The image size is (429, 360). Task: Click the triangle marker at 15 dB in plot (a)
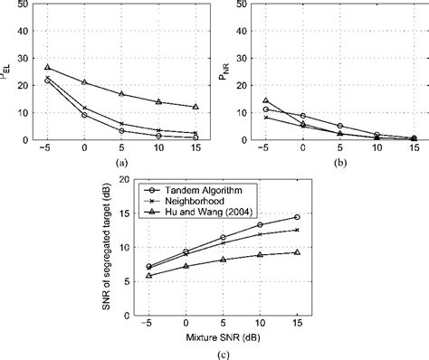click(196, 107)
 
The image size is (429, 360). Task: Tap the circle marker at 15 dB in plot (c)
click(297, 218)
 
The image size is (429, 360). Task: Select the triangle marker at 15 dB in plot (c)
click(297, 252)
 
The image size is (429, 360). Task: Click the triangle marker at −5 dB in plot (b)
click(265, 100)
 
